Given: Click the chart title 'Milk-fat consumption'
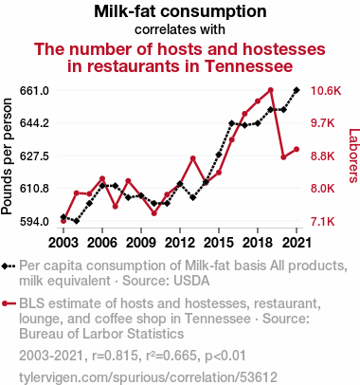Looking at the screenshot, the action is coord(180,11).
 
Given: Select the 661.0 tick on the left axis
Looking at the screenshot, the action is coord(34,91).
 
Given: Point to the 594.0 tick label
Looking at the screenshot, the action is coord(34,222).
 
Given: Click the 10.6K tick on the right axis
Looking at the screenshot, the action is coord(326,91).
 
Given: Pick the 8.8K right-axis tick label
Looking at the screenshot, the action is coord(322,156).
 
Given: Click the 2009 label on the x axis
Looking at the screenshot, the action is coord(141,243).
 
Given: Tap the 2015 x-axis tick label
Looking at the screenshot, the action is coord(219,243).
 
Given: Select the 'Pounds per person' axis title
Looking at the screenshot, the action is coord(7,156).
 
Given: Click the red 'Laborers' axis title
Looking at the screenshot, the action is coord(353,156).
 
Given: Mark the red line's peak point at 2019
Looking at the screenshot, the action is coord(270,90).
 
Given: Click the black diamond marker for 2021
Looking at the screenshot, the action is coord(297,90).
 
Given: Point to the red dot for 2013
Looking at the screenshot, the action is coord(193,158).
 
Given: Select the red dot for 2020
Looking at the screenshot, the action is coord(283,157).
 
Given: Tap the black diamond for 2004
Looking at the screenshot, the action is coord(76,221).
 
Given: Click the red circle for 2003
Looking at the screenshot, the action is coord(63,221).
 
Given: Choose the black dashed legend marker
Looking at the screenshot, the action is coord(9,266).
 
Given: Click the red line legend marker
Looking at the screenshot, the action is coord(9,304).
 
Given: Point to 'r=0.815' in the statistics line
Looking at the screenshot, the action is coord(115,356).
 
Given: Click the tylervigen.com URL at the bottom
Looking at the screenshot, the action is coord(148,377).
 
